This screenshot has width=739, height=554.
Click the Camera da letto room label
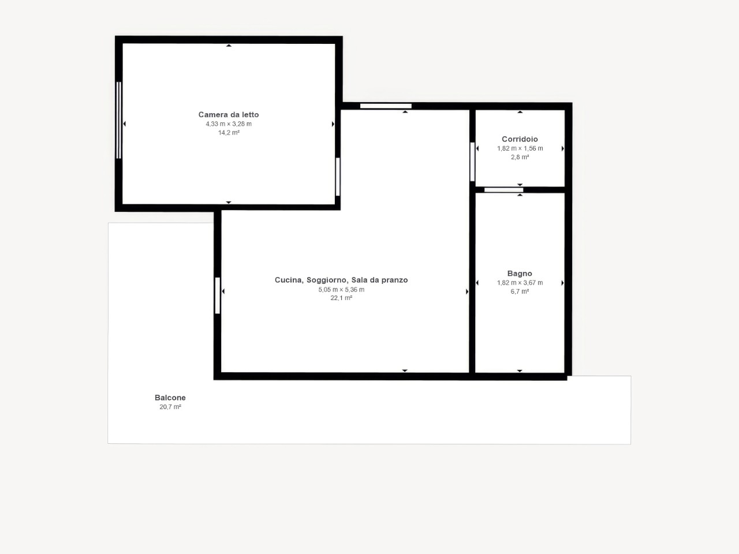(x=229, y=115)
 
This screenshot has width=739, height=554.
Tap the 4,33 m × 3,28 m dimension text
(x=229, y=123)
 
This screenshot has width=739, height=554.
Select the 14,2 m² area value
(x=229, y=133)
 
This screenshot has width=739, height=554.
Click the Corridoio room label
(x=520, y=139)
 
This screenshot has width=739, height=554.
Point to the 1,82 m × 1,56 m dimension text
(x=520, y=148)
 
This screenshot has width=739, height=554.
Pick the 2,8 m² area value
(x=520, y=157)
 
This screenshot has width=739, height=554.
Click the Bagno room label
(x=520, y=274)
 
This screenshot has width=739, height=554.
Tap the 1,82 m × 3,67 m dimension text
(x=520, y=283)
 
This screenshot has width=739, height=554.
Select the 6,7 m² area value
(x=520, y=291)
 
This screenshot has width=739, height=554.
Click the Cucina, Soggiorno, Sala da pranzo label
(x=341, y=280)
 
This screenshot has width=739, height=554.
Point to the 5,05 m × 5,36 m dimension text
(x=341, y=290)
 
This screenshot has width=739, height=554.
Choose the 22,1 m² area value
(x=341, y=298)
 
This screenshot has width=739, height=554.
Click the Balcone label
(x=170, y=398)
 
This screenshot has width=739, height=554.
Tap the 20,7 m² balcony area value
(x=170, y=407)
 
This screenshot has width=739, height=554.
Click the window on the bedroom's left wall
(x=118, y=120)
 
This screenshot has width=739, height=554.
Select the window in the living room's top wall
(x=386, y=106)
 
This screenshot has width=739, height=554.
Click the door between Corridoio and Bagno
(x=503, y=190)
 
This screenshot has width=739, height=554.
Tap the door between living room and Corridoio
(x=472, y=162)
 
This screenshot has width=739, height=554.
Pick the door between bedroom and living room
(x=338, y=177)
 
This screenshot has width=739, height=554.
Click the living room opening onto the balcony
(x=218, y=295)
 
